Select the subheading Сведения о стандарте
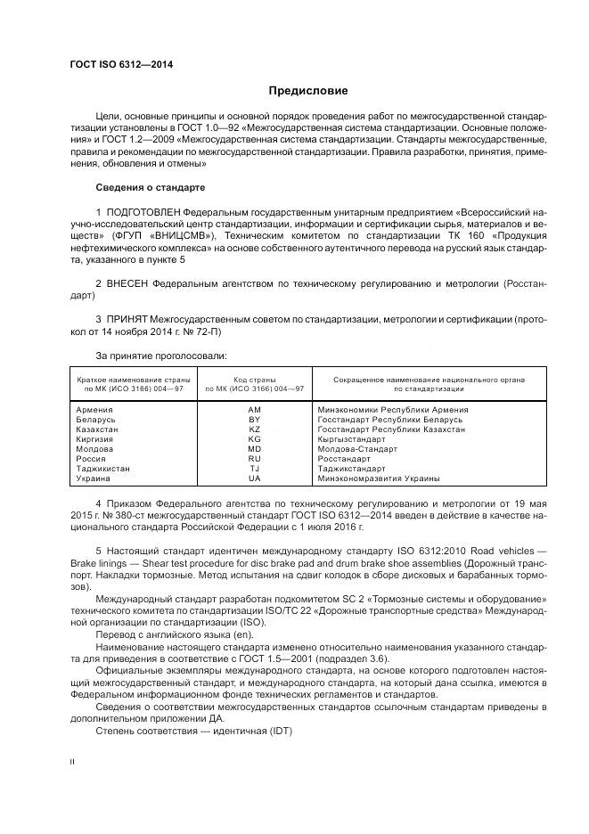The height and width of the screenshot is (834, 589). [x=151, y=188]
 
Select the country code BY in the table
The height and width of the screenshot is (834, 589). [x=255, y=419]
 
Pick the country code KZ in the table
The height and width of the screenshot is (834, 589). [x=255, y=429]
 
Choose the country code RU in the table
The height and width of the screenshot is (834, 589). [x=255, y=458]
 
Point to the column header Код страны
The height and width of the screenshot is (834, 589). [x=255, y=380]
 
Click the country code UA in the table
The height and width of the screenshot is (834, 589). [x=255, y=478]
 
